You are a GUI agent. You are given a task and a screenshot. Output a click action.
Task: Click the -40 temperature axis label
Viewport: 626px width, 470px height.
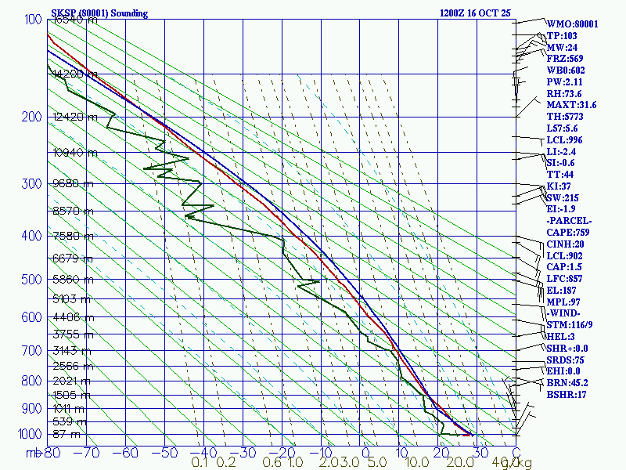(x=204, y=452)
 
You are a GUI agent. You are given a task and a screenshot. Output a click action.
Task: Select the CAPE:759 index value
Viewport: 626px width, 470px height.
(x=568, y=233)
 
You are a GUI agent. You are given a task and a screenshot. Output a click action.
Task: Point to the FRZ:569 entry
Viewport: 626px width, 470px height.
(x=565, y=59)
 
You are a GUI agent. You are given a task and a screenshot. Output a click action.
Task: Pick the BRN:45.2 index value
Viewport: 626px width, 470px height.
(x=567, y=383)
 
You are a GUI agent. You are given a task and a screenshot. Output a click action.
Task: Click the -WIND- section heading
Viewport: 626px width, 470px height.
(x=567, y=313)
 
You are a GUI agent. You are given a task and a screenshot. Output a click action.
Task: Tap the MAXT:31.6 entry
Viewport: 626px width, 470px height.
(x=571, y=105)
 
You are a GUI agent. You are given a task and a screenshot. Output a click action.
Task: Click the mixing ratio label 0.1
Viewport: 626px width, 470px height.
(x=200, y=462)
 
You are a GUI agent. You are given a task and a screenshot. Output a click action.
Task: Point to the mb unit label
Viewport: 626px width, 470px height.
(x=32, y=452)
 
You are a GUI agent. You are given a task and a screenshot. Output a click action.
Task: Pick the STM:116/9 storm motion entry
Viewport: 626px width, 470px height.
(x=570, y=325)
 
